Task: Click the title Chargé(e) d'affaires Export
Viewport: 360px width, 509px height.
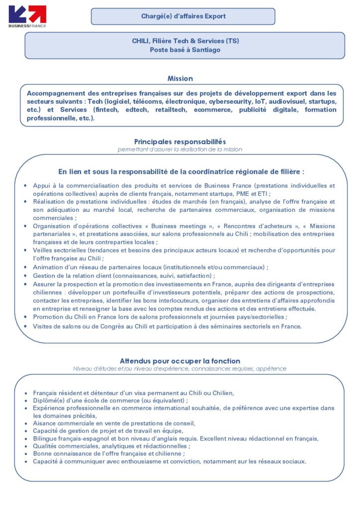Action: point(183,16)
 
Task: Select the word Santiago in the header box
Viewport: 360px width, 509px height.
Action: point(205,50)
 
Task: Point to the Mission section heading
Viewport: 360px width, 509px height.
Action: point(180,79)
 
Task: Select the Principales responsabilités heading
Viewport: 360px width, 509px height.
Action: point(180,142)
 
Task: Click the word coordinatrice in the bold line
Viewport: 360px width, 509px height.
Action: point(211,172)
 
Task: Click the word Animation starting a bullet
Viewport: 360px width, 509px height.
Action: point(48,267)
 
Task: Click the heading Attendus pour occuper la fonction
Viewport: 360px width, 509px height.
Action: point(180,361)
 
